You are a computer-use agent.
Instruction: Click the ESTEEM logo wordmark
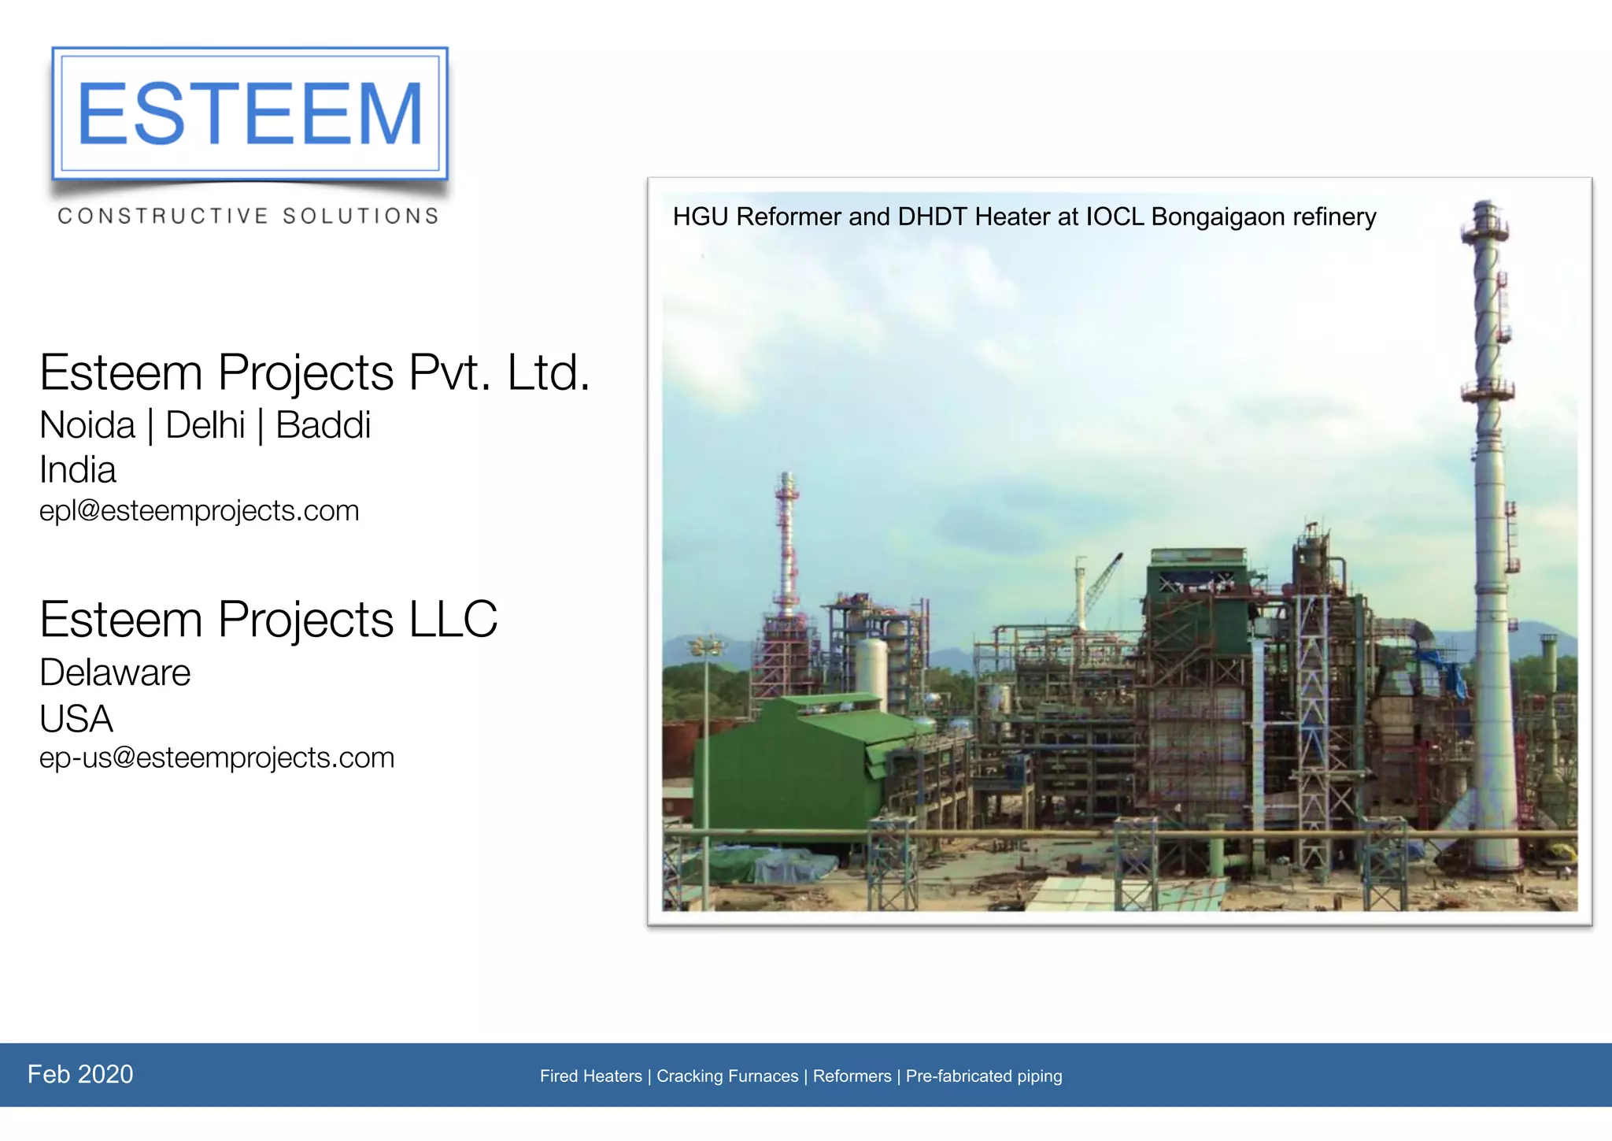(250, 114)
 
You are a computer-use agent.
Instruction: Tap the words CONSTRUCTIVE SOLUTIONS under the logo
(248, 216)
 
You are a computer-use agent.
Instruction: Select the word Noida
(87, 425)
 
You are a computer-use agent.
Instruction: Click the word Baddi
(323, 425)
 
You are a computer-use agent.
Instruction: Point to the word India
(78, 470)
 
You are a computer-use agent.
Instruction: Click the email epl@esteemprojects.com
(199, 511)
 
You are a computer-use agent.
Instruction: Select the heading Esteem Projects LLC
(268, 619)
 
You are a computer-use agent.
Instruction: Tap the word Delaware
(115, 672)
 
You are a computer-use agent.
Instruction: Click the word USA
(76, 718)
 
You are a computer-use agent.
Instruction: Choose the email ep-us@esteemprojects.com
(216, 758)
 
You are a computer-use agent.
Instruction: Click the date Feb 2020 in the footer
(80, 1074)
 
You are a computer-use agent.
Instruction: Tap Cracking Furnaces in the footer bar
(727, 1076)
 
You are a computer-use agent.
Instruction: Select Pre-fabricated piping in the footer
(984, 1076)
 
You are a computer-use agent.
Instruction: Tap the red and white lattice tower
(786, 543)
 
